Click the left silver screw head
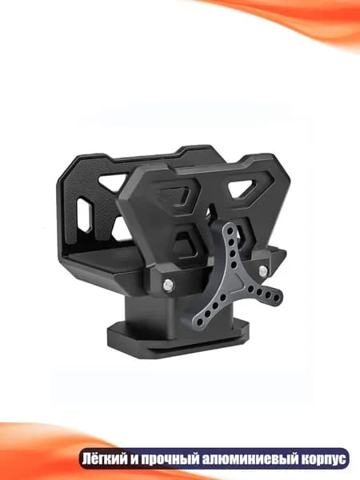coord(167,285)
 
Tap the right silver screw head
coord(262,270)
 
